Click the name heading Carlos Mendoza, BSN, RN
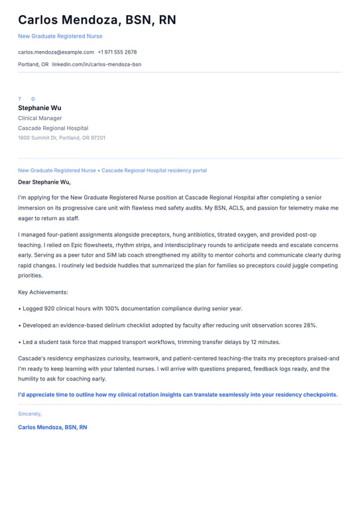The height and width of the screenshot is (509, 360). pos(97,20)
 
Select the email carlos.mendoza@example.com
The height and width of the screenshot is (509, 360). pos(56,52)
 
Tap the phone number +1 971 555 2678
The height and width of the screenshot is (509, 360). pos(117,52)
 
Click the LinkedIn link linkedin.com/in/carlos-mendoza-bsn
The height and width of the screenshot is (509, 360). pos(97,64)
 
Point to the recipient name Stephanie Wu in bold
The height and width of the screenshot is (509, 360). pos(40,107)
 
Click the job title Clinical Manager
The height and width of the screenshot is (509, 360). pos(40,118)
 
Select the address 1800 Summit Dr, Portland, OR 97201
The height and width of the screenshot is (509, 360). pos(62,138)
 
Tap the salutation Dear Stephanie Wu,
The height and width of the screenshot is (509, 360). pos(44,182)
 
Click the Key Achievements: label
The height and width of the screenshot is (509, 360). pos(43,292)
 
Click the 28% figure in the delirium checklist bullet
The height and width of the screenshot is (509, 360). pos(310,325)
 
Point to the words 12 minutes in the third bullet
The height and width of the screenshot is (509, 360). pos(265,342)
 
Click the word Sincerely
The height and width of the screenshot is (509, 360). pos(30,414)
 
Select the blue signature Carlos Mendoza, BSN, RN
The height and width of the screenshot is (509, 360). pos(52,427)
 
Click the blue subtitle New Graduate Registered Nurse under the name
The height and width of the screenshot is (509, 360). pos(60,36)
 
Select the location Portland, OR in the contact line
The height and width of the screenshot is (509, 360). pos(33,64)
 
